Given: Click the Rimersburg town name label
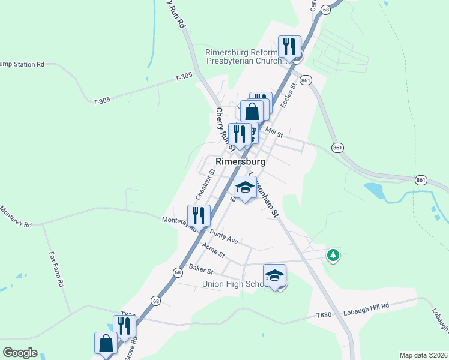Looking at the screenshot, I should click(240, 162).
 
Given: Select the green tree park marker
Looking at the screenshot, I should click(333, 256).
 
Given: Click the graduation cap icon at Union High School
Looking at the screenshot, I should click(275, 275).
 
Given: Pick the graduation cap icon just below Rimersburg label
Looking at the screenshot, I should click(245, 188).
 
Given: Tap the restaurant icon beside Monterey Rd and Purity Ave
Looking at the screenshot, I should click(199, 216).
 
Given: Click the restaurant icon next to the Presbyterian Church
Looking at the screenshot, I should click(289, 46).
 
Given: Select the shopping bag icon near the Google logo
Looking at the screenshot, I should click(106, 343).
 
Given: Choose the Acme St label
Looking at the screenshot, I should click(213, 250).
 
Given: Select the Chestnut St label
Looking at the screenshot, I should click(205, 184).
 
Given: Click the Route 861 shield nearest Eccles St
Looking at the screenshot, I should click(306, 80).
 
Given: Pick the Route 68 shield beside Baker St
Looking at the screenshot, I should click(177, 272).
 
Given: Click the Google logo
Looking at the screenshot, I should click(20, 353).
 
